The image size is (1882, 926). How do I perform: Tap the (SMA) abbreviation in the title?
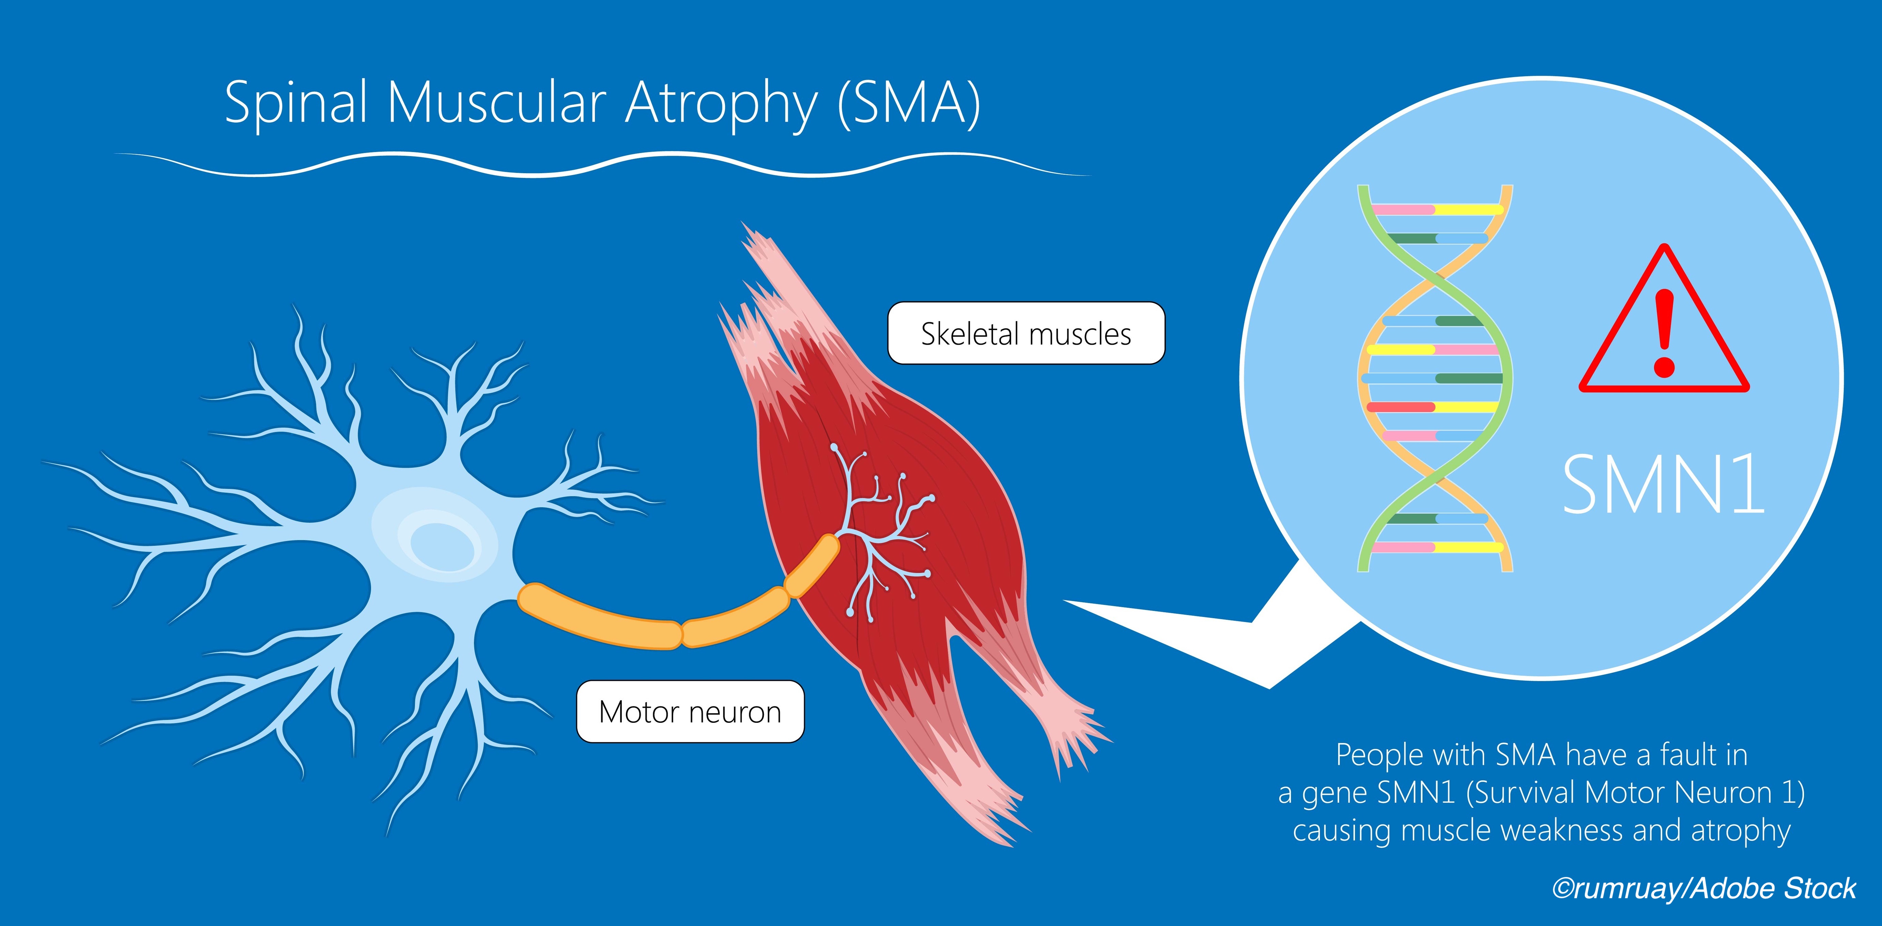(908, 104)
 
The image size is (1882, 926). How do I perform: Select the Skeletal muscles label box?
(1026, 333)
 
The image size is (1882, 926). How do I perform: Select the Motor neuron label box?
(690, 712)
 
